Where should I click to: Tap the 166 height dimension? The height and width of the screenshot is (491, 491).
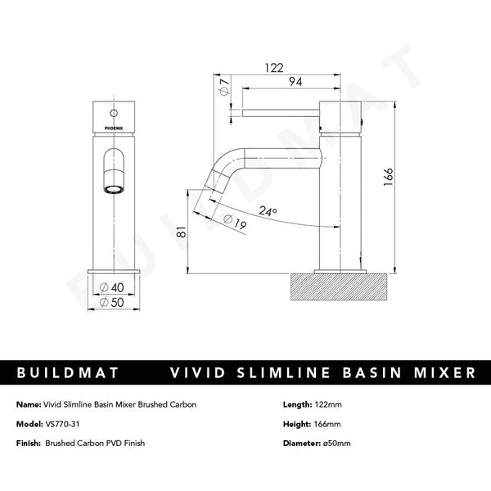tap(389, 175)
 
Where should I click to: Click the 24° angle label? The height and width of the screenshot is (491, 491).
tap(268, 211)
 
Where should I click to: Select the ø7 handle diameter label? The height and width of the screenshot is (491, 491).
tap(223, 89)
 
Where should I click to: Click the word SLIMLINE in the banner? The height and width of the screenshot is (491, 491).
tap(303, 372)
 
